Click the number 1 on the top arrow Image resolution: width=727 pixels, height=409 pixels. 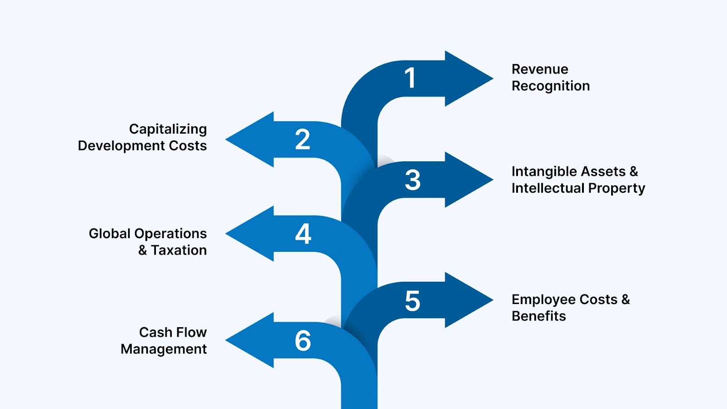tap(410, 78)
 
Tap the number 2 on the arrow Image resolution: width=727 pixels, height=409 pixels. tap(303, 140)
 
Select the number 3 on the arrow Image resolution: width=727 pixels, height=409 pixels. tap(413, 180)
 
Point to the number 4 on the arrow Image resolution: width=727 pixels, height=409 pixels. tap(303, 234)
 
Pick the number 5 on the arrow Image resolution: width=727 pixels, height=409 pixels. tap(413, 301)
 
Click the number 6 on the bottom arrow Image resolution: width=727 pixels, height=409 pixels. tap(303, 341)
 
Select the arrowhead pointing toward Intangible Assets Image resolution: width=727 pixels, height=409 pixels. tap(473, 180)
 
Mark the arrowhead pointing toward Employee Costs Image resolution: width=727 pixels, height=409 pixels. tap(473, 300)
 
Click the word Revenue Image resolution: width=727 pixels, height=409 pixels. tap(540, 69)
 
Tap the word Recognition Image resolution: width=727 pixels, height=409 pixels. tap(551, 86)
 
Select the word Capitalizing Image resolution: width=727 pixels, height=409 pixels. tap(168, 129)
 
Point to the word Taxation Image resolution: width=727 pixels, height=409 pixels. tap(179, 250)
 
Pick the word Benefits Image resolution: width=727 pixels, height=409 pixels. tap(539, 316)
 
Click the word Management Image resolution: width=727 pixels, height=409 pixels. tap(164, 349)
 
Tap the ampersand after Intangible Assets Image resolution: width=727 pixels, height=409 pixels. tap(634, 171)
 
